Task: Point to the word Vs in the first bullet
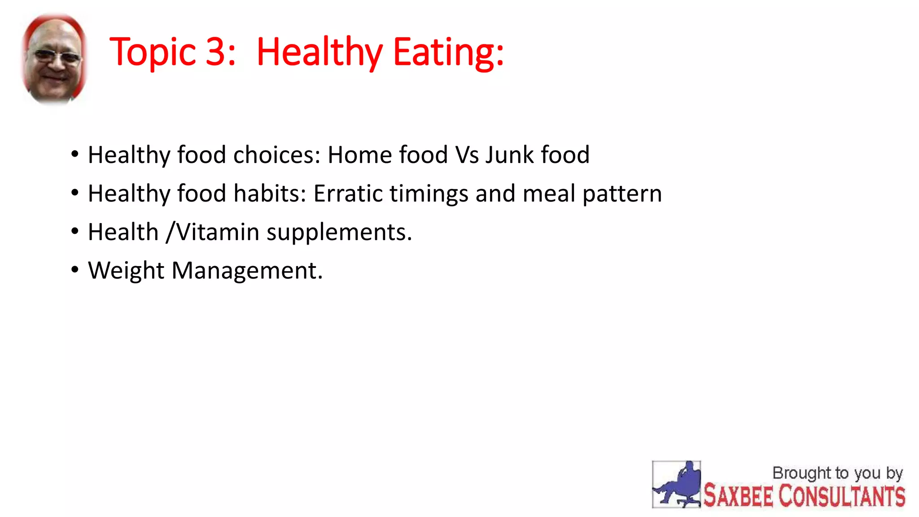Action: [467, 155]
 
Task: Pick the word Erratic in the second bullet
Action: [347, 193]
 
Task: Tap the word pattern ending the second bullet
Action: [622, 194]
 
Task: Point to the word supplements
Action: [339, 233]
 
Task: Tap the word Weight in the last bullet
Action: [126, 271]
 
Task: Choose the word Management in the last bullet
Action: [247, 271]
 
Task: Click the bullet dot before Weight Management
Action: [75, 270]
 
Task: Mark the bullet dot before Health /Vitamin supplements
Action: [75, 231]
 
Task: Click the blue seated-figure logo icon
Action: [676, 485]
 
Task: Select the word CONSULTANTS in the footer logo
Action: [842, 496]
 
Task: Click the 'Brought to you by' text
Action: [837, 473]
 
